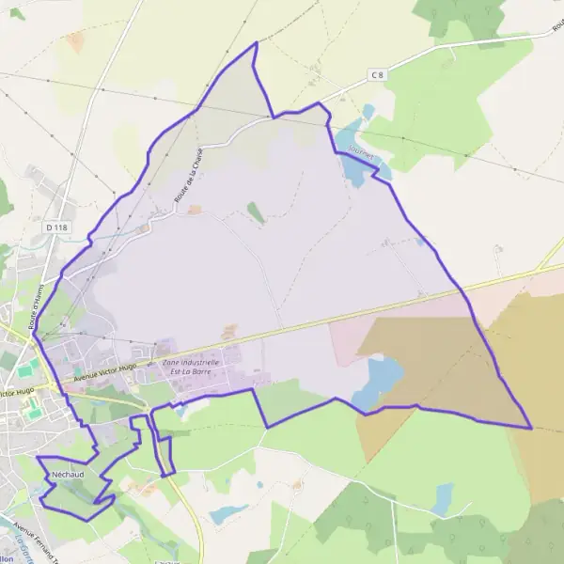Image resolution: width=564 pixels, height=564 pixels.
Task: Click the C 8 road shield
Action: [x=378, y=74]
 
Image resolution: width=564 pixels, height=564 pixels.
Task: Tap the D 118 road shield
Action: [x=57, y=227]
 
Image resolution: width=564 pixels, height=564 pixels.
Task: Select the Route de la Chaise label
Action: [x=188, y=178]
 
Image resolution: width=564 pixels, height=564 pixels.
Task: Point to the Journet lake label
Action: [x=360, y=150]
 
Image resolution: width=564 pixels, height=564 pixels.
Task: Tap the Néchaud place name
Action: [x=69, y=475]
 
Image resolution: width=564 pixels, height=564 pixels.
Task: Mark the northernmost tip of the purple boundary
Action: [x=257, y=42]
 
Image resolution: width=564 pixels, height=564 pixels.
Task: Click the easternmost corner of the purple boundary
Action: [x=531, y=428]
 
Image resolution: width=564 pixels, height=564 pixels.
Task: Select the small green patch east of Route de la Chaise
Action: [x=256, y=212]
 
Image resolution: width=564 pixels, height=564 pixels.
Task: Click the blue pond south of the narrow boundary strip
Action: [x=228, y=513]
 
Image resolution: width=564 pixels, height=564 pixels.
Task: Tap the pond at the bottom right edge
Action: [x=443, y=498]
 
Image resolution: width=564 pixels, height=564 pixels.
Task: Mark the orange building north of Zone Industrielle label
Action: [x=229, y=333]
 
